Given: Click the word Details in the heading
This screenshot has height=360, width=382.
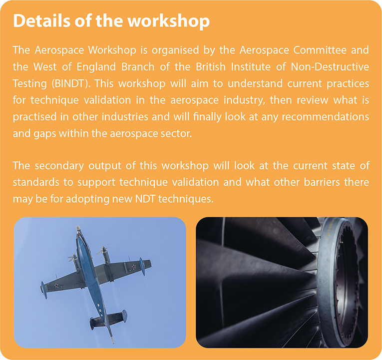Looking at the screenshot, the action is coord(42,20).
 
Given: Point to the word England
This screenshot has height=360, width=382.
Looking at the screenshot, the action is coord(96,67).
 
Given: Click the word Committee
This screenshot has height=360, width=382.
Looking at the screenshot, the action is coord(320,50).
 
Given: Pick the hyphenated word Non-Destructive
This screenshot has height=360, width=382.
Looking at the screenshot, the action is coord(330,67).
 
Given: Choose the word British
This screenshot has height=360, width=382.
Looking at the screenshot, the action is coord(211,67).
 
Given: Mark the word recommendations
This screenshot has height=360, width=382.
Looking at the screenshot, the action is coord(326,117).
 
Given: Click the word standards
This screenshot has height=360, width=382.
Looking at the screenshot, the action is coord(36,182).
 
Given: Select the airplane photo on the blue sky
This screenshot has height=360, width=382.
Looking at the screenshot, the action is coord(100,282).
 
